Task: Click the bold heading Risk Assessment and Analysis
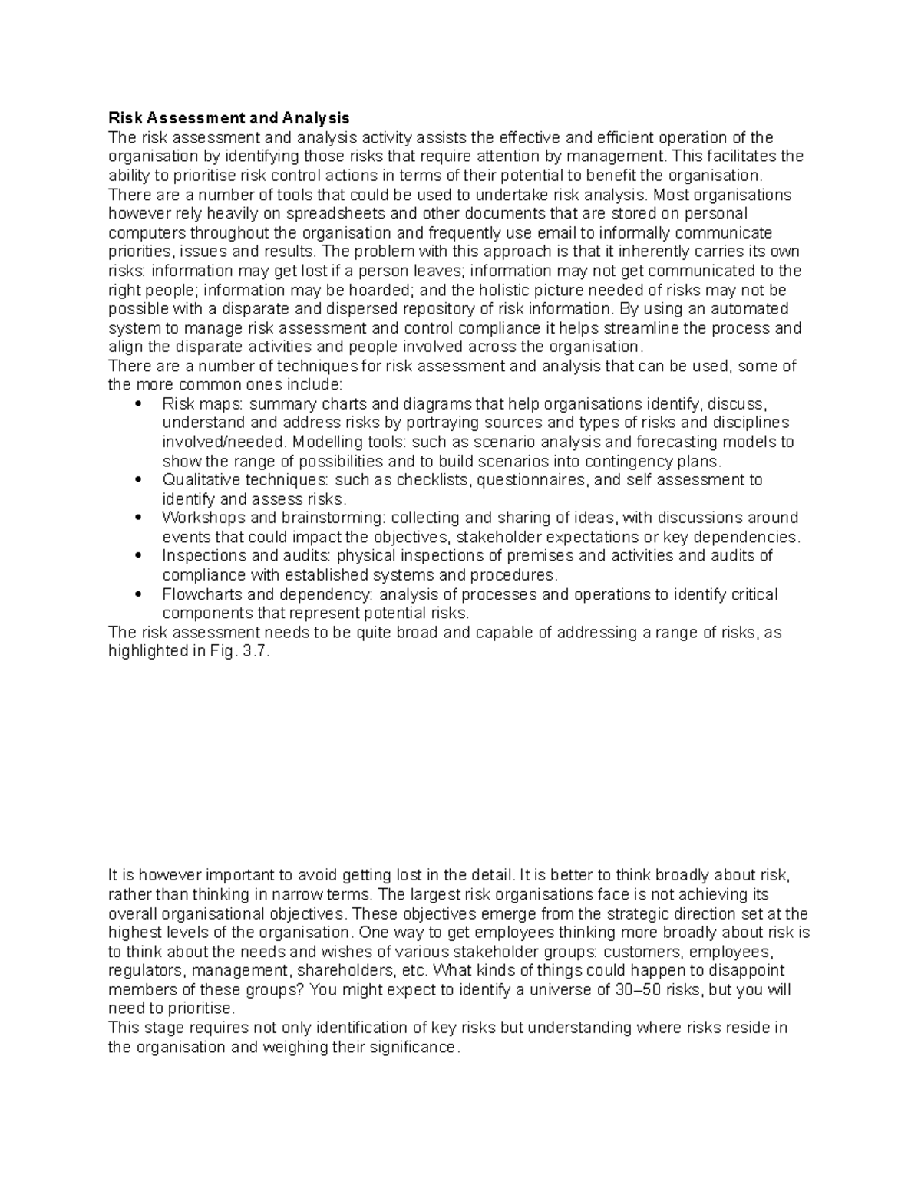click(x=229, y=118)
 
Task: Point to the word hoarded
click(x=388, y=290)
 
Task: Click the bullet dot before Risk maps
click(x=137, y=404)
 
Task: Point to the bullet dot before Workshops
click(x=137, y=518)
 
